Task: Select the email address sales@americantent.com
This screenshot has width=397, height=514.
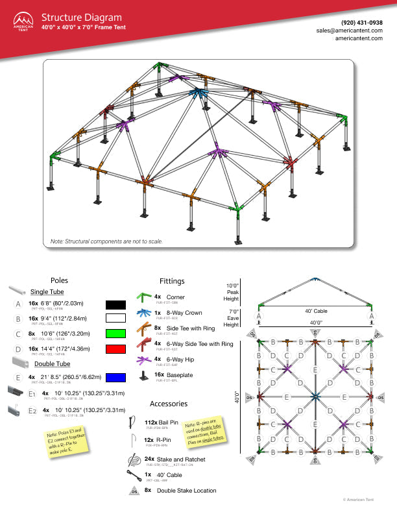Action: click(349, 31)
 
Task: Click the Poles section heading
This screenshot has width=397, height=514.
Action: click(59, 280)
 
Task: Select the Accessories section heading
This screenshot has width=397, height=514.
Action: click(169, 404)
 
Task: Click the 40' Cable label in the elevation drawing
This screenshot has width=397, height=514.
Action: click(316, 310)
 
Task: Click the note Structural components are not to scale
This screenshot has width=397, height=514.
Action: click(106, 241)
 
